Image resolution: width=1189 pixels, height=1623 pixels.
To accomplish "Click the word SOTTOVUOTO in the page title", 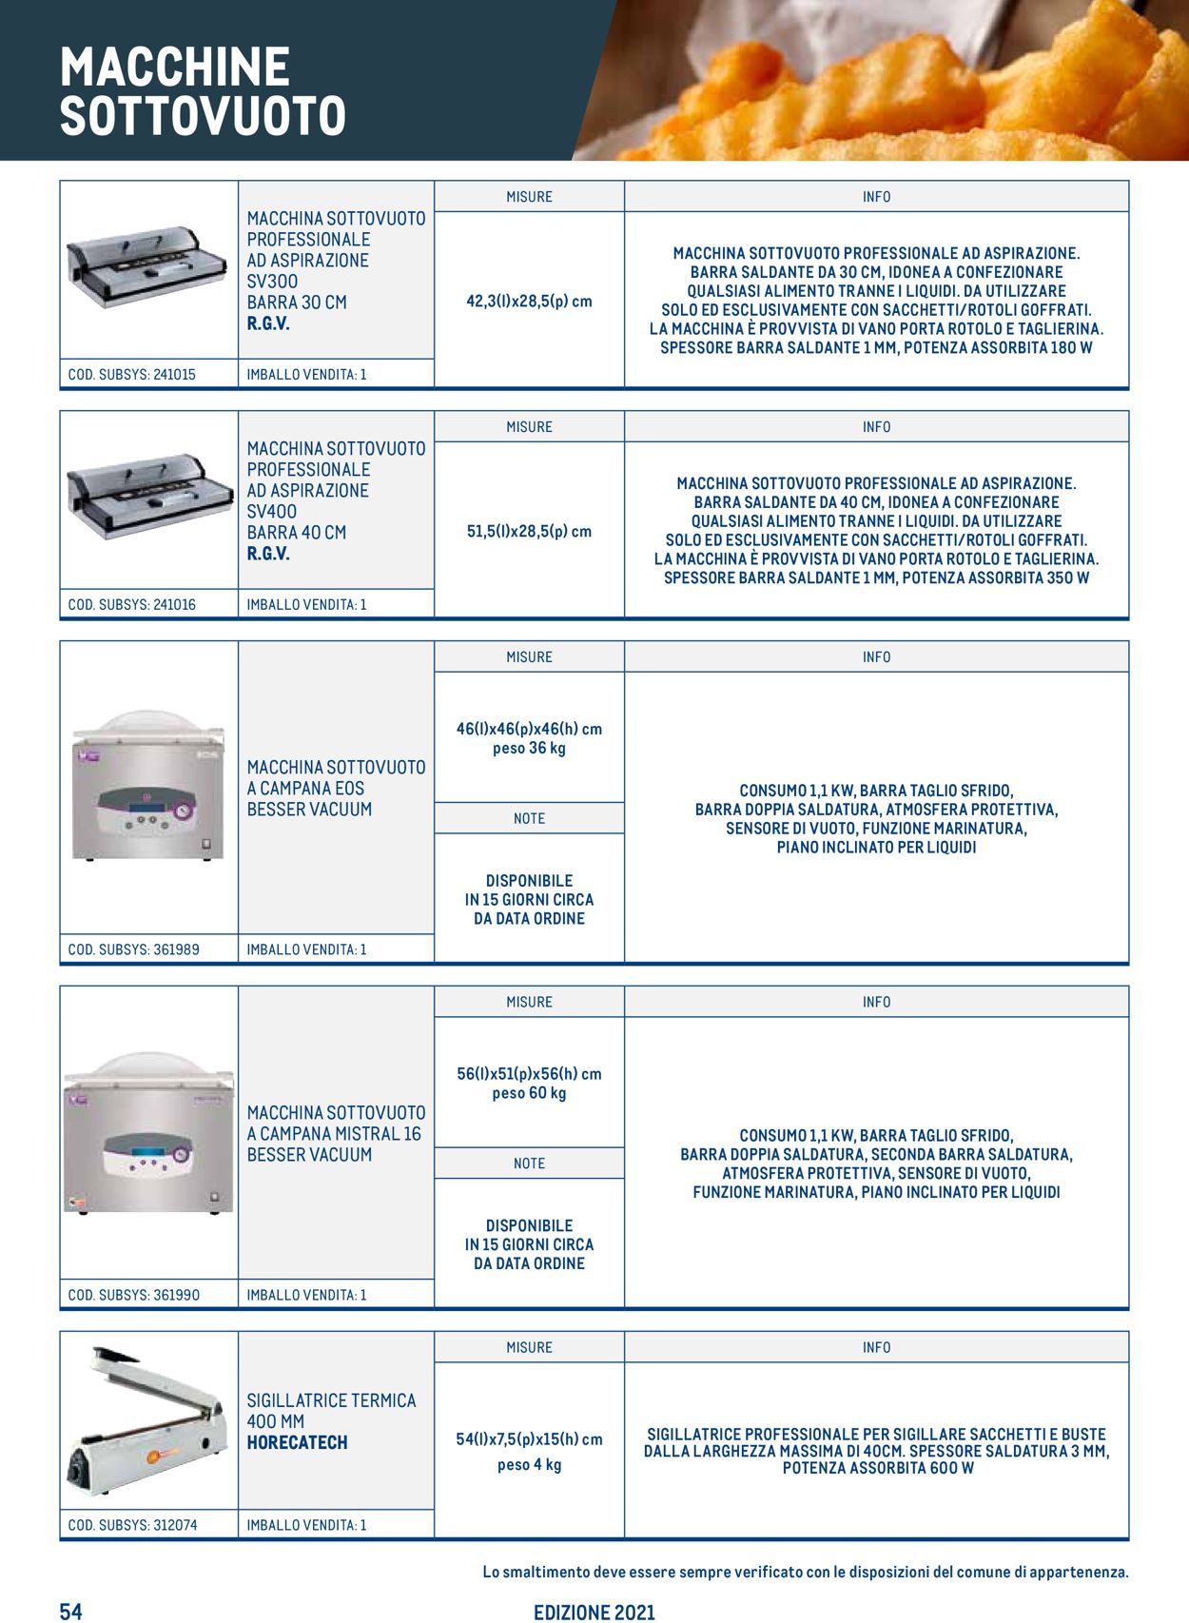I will tap(203, 116).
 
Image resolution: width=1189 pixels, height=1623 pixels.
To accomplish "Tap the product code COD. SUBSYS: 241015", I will tap(131, 374).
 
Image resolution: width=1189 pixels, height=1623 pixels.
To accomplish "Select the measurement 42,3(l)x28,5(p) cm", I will tap(529, 301).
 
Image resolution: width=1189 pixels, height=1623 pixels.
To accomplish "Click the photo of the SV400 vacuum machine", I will tap(149, 497).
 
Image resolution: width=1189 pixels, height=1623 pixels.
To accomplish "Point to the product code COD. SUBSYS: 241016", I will tap(131, 604).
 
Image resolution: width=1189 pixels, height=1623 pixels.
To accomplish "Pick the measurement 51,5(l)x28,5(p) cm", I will tap(529, 531).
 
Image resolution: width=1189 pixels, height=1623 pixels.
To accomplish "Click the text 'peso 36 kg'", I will tap(529, 749).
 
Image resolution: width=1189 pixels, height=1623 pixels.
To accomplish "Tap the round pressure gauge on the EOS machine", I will tap(183, 811).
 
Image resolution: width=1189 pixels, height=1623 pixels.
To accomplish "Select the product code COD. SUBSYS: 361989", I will tap(133, 949).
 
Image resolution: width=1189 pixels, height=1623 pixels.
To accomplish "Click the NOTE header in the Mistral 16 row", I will tap(529, 1163).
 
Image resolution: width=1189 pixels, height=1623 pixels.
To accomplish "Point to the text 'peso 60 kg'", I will tap(529, 1093).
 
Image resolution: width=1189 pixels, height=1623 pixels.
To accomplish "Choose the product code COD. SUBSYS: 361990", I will tap(133, 1295).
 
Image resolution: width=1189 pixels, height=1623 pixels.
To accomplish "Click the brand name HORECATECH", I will tap(297, 1442).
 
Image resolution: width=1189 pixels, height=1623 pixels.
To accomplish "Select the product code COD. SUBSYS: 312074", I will tap(132, 1525).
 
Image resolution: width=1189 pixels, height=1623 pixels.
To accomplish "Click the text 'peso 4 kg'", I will tap(529, 1465).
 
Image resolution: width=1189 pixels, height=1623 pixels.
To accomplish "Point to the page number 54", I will tap(71, 1611).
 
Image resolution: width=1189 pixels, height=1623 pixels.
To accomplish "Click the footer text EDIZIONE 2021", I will tap(594, 1612).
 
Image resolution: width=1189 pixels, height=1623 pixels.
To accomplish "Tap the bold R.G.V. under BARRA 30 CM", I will tap(268, 323).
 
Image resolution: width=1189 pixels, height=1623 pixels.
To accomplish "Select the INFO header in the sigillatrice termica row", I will tap(876, 1347).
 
